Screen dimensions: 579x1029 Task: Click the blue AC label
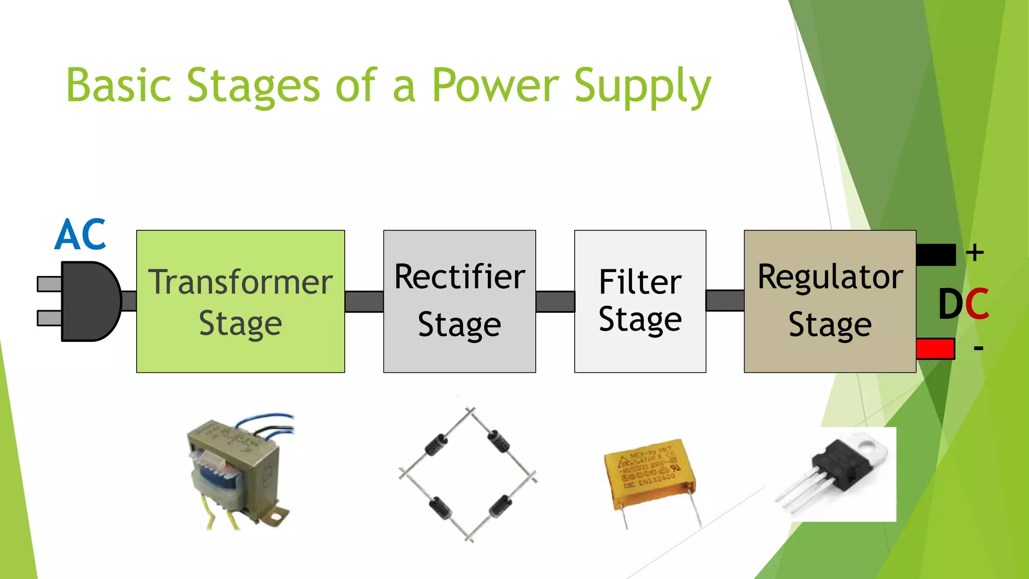(80, 235)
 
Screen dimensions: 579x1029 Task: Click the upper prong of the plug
(50, 284)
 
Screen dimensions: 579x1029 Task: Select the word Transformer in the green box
(240, 282)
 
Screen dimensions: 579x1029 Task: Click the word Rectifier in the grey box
(459, 277)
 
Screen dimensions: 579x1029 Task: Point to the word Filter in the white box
(640, 282)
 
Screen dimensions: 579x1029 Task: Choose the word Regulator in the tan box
(830, 277)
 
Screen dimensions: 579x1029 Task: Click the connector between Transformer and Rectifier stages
(364, 302)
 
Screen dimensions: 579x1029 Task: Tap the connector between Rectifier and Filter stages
(555, 302)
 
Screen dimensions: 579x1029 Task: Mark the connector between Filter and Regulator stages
(725, 301)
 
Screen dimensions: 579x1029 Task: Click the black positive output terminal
(936, 255)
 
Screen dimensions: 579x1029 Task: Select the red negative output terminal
(935, 349)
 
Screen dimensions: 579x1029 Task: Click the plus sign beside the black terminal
(975, 252)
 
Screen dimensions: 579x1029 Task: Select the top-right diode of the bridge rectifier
(499, 441)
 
